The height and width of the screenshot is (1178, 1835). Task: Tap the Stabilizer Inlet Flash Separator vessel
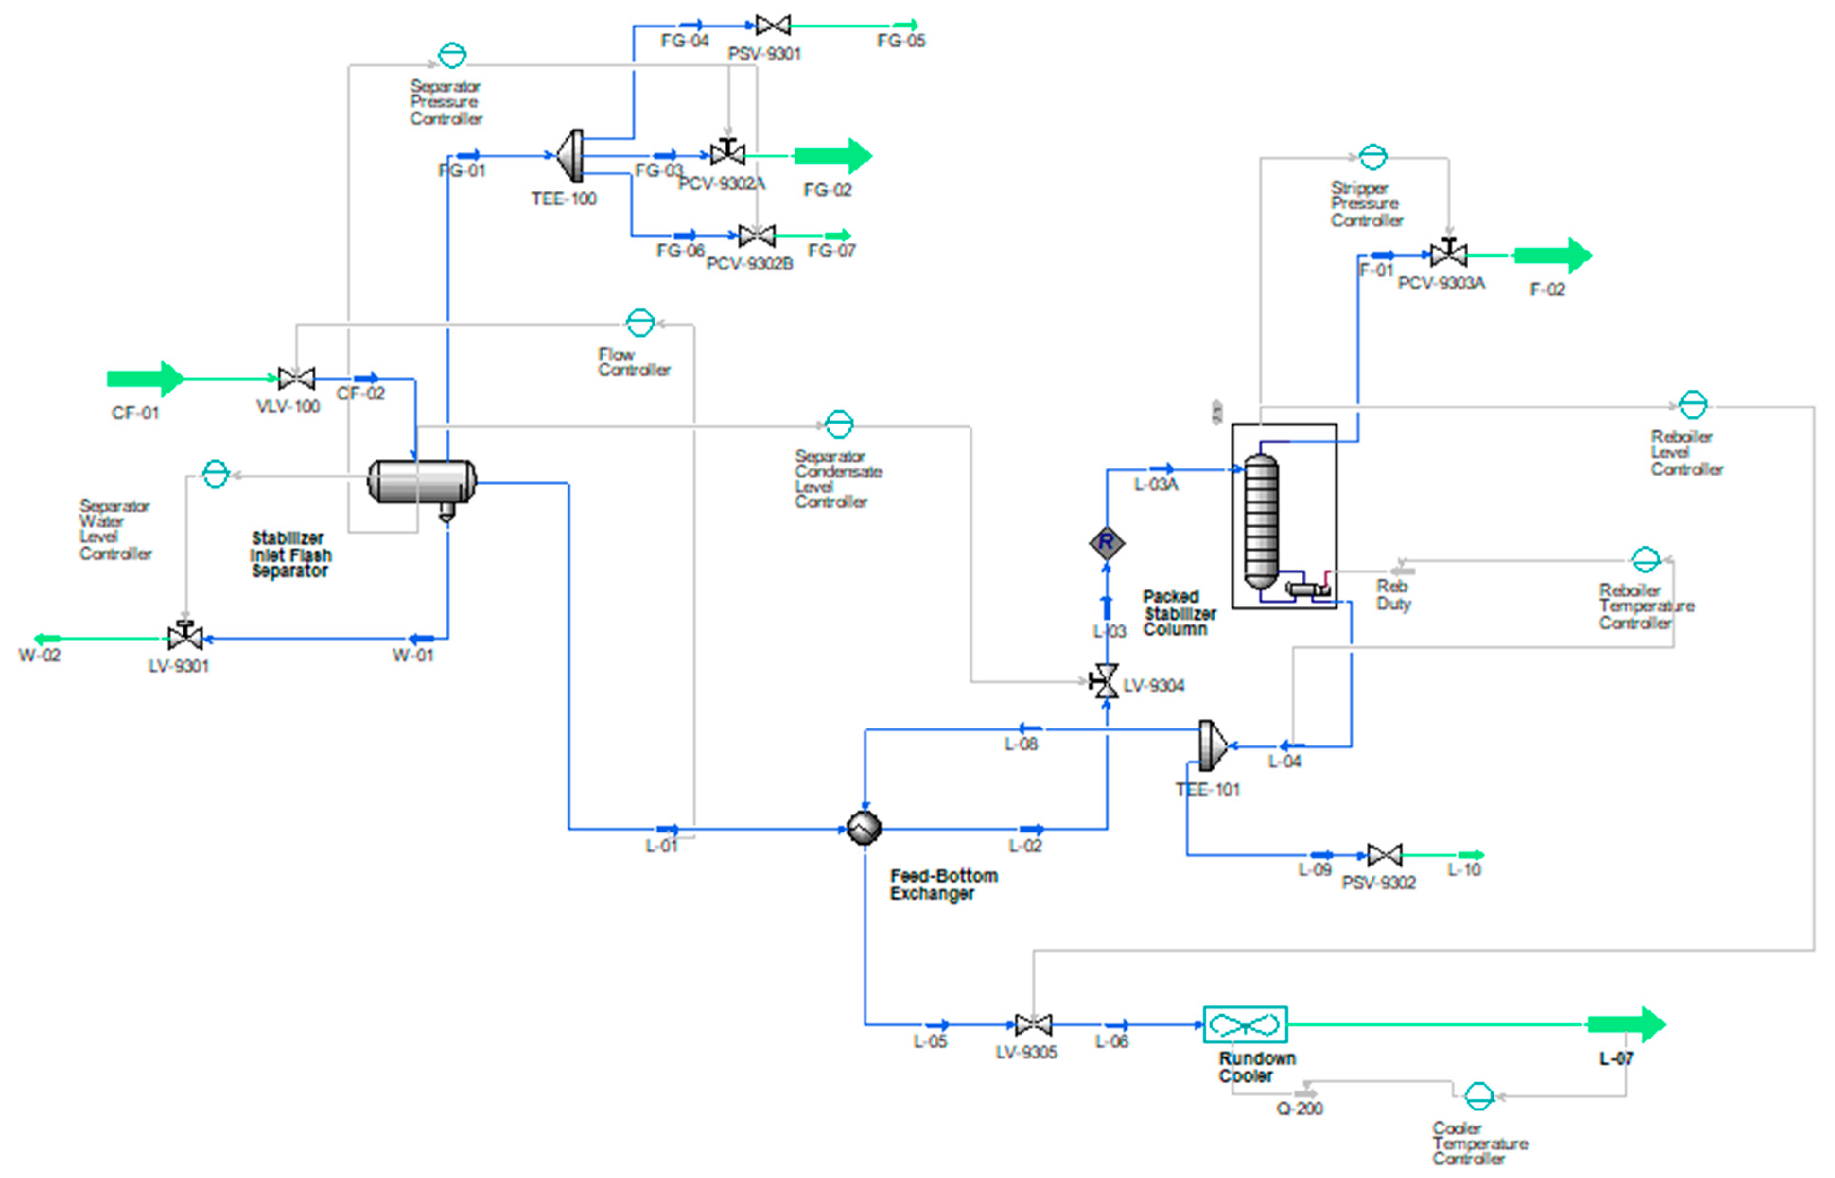pyautogui.click(x=422, y=482)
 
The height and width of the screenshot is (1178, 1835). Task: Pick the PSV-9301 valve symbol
pyautogui.click(x=773, y=25)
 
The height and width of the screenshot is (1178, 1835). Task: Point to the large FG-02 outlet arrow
pyautogui.click(x=832, y=156)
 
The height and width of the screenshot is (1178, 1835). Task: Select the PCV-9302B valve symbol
pyautogui.click(x=757, y=235)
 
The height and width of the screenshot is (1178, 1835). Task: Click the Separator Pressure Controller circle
pyautogui.click(x=452, y=55)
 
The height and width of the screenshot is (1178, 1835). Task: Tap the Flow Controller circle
pyautogui.click(x=640, y=323)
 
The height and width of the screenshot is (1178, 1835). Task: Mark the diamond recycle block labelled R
pyautogui.click(x=1107, y=543)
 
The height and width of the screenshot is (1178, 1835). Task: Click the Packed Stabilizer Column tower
pyautogui.click(x=1261, y=520)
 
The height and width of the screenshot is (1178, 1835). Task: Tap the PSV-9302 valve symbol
pyautogui.click(x=1384, y=855)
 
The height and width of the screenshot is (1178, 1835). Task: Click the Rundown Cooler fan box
pyautogui.click(x=1245, y=1024)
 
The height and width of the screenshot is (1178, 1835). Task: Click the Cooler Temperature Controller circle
pyautogui.click(x=1478, y=1096)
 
